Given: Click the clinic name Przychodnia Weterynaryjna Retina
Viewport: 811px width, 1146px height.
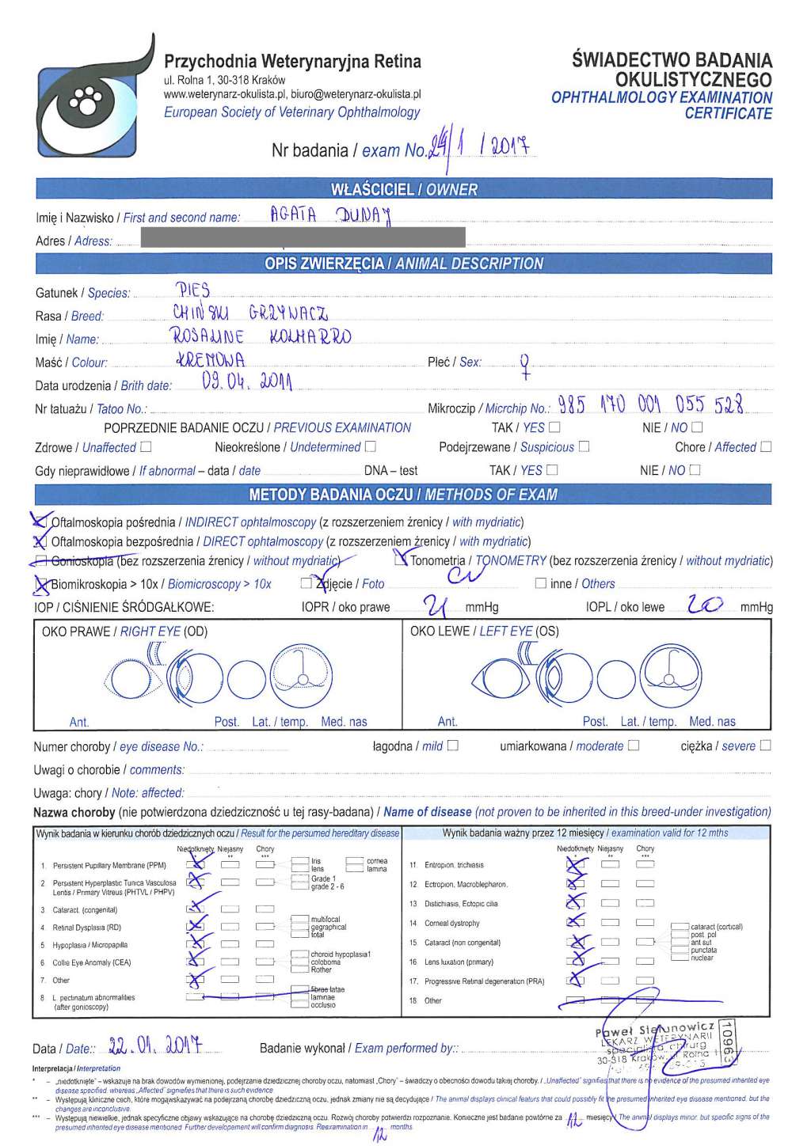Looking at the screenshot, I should [x=292, y=62].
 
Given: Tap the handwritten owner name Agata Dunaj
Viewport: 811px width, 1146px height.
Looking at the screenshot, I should [x=331, y=214].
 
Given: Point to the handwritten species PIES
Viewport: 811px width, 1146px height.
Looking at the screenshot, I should [x=192, y=290].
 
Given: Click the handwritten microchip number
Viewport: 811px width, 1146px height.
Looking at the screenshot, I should [x=650, y=405].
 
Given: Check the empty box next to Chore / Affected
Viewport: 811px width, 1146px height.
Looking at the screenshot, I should [x=766, y=447].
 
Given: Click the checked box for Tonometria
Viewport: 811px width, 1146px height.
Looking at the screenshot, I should [x=402, y=560].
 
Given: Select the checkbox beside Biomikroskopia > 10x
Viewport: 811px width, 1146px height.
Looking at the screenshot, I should [x=41, y=584].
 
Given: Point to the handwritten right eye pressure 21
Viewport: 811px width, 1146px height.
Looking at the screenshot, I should [x=436, y=606].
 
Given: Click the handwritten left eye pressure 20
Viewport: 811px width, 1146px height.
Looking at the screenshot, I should [x=705, y=605].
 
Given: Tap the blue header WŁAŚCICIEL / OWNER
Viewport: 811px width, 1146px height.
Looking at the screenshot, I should [x=404, y=189].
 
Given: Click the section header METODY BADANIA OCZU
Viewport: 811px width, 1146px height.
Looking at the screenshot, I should [x=404, y=495].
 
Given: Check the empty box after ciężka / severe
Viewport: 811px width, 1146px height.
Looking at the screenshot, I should [x=765, y=746].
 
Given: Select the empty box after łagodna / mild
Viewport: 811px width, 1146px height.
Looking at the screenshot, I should [x=452, y=746].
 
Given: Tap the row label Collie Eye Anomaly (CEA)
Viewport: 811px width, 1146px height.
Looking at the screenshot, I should [x=91, y=963].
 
